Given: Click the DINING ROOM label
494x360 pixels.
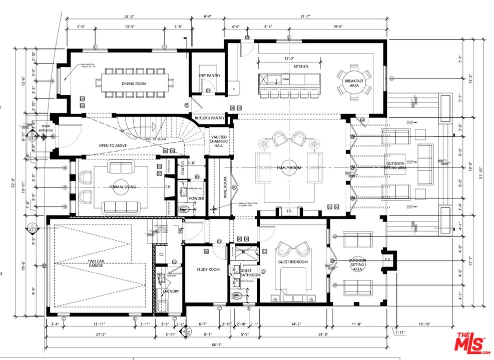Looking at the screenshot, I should [x=134, y=84].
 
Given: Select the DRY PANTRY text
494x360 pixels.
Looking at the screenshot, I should [x=209, y=76].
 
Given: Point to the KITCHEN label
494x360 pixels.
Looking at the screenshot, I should [x=301, y=66].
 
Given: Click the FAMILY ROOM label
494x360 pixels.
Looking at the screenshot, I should [x=289, y=168].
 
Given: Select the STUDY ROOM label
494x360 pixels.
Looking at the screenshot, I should [x=208, y=269].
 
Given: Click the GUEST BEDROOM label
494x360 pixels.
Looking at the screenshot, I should [x=293, y=262].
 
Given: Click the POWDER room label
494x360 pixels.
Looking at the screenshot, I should [x=196, y=198].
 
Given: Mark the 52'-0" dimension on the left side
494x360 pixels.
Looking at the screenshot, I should [x=19, y=184].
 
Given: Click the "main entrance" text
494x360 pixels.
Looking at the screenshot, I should [x=46, y=129].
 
